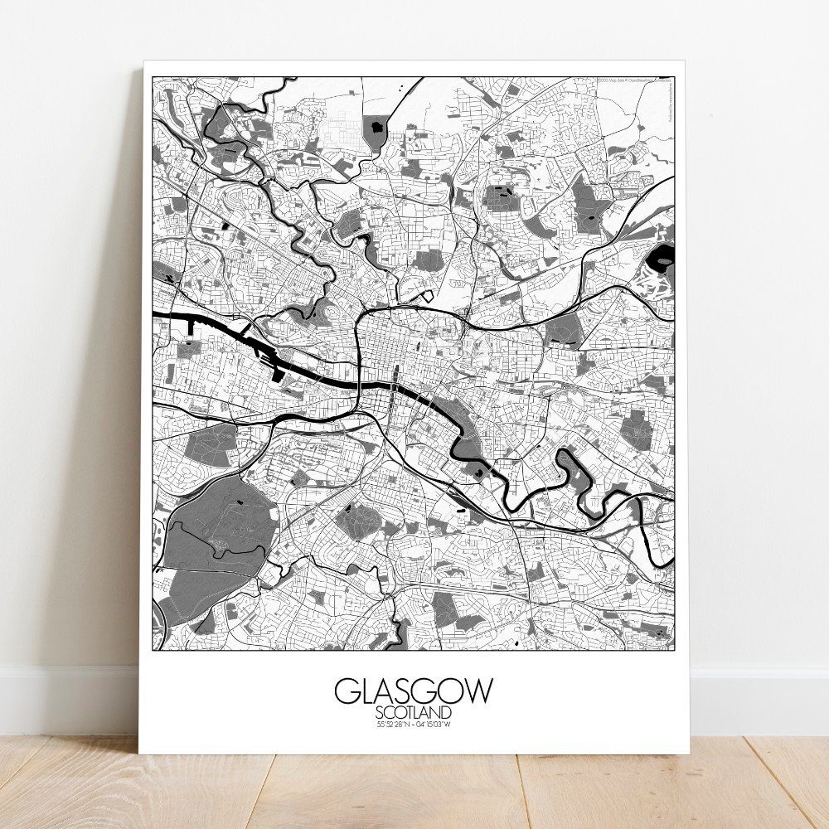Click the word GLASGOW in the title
click(x=414, y=691)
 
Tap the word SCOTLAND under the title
click(x=414, y=712)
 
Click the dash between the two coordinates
click(x=414, y=725)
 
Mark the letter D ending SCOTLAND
click(x=448, y=712)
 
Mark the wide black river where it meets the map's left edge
click(x=159, y=316)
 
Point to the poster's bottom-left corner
click(x=138, y=753)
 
